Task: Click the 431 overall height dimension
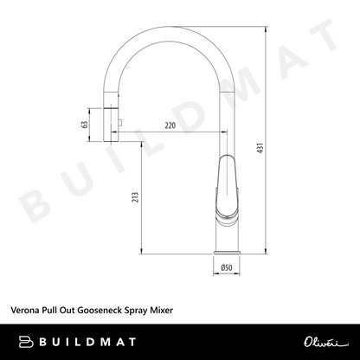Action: [x=260, y=148]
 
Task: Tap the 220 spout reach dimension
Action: [x=170, y=125]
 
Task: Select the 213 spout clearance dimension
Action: [x=135, y=197]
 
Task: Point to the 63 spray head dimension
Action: [x=85, y=125]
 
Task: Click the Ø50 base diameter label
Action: [x=227, y=267]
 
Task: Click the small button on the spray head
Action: [x=120, y=123]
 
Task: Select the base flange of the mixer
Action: [x=227, y=253]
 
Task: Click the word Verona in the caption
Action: [x=25, y=311]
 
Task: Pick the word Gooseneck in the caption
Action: [x=100, y=311]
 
